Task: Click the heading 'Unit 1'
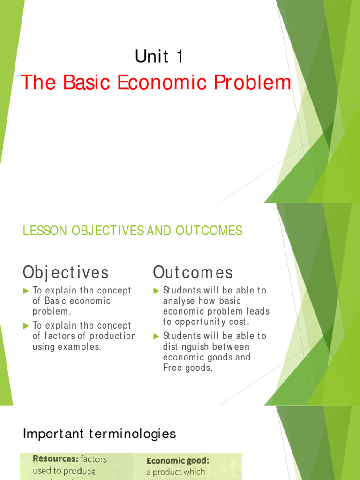pyautogui.click(x=159, y=57)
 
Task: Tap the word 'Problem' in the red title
pyautogui.click(x=254, y=82)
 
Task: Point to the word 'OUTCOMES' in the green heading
pyautogui.click(x=209, y=231)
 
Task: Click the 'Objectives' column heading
pyautogui.click(x=66, y=272)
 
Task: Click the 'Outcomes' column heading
pyautogui.click(x=193, y=272)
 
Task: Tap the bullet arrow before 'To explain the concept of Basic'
pyautogui.click(x=26, y=291)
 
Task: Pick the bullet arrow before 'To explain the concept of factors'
pyautogui.click(x=26, y=326)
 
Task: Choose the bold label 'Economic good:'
pyautogui.click(x=178, y=461)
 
